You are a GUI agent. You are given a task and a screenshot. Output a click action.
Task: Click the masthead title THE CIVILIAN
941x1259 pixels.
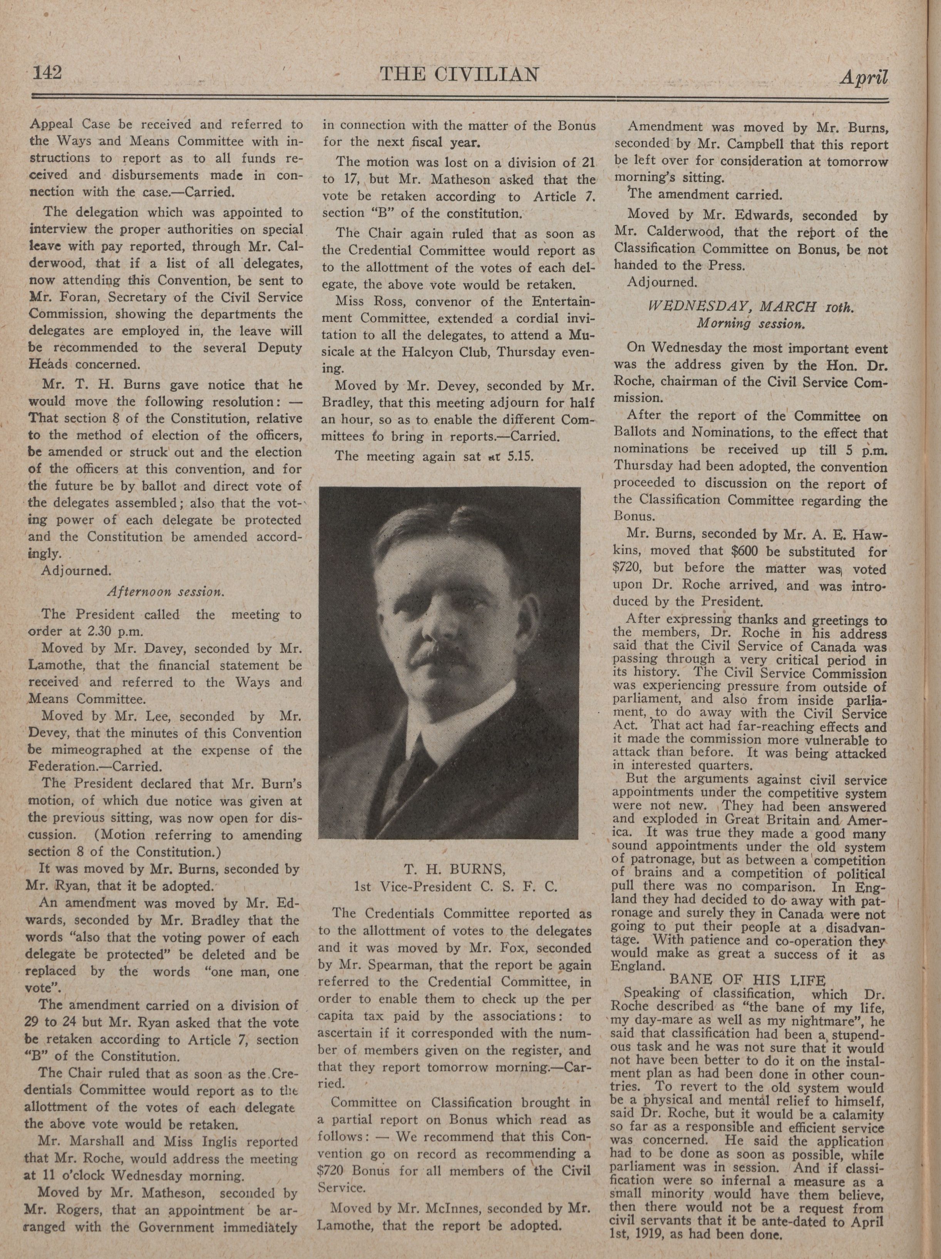(x=459, y=74)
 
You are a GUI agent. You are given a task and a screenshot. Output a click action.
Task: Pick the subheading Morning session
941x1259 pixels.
(x=751, y=324)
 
